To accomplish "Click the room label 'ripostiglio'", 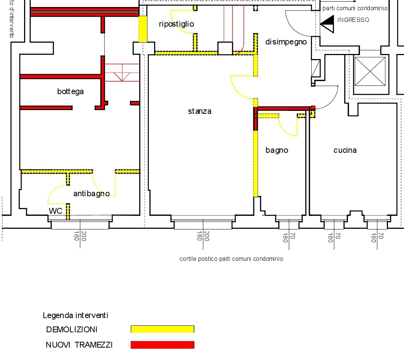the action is [x=177, y=24].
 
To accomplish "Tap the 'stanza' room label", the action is [x=200, y=111].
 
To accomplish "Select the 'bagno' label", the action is [x=277, y=150].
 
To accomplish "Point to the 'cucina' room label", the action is [x=345, y=150].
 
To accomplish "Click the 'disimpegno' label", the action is [x=286, y=42].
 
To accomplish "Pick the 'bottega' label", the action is [x=70, y=92].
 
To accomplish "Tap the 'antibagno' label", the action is [x=92, y=194].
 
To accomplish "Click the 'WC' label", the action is [x=55, y=211].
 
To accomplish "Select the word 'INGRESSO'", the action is [x=353, y=20].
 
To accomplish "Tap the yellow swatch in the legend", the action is [x=162, y=329].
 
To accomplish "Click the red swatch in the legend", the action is [x=162, y=345].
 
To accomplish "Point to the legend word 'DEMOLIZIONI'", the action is [x=72, y=330].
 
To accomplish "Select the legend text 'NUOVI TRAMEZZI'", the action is [x=79, y=345].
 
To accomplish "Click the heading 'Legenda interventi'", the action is [x=76, y=316].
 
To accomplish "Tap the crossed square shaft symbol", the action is [x=370, y=71].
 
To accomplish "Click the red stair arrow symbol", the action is [x=122, y=73].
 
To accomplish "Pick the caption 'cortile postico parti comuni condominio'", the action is [x=231, y=259].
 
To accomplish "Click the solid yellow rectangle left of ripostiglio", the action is [x=143, y=29].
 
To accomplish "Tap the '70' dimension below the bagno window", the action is [x=292, y=236].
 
